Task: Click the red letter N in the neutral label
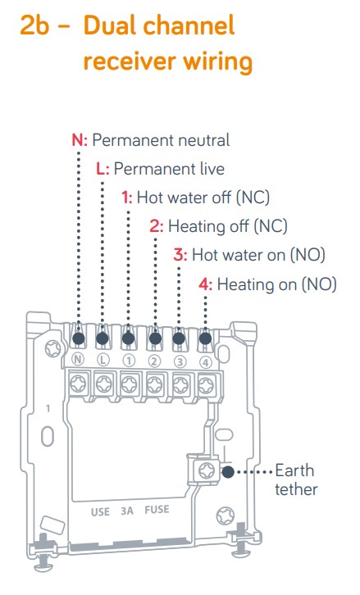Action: (x=77, y=140)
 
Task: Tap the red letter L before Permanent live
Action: (x=101, y=169)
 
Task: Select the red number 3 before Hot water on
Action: (x=179, y=255)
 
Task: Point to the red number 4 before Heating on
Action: (x=203, y=284)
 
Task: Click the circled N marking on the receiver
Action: (x=78, y=359)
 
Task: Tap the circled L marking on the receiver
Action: (x=103, y=360)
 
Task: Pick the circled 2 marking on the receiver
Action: (x=154, y=361)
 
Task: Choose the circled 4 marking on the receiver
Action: (x=206, y=362)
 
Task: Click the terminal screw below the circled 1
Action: (x=129, y=384)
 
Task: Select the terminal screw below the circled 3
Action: (x=180, y=385)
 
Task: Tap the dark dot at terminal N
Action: (x=79, y=338)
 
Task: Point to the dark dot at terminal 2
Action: (x=155, y=338)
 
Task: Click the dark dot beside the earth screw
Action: (x=228, y=472)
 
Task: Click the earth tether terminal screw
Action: (x=207, y=471)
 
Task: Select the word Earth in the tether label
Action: (x=294, y=470)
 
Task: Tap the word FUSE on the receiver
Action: (x=157, y=510)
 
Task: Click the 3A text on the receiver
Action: (x=127, y=511)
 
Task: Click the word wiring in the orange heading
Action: (x=217, y=61)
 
